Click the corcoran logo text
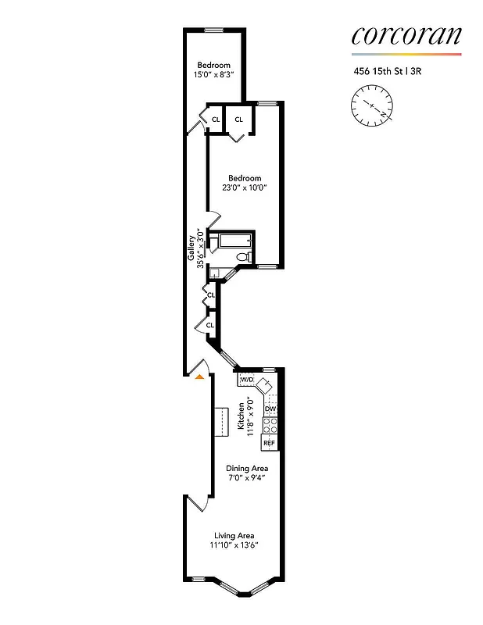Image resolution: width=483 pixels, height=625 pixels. [x=406, y=35]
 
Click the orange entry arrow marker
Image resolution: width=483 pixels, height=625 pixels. [x=200, y=377]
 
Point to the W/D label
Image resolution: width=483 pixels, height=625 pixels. [x=247, y=380]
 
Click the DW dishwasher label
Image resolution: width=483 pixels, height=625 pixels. [x=270, y=409]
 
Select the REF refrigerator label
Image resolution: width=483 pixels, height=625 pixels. [x=270, y=443]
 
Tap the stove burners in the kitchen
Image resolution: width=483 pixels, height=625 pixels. [x=270, y=426]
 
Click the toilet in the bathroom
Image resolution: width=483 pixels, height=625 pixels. [x=243, y=256]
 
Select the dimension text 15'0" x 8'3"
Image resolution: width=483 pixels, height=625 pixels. [x=214, y=75]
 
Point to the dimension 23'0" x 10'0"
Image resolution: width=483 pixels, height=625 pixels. [x=245, y=188]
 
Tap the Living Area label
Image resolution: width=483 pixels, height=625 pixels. [x=235, y=535]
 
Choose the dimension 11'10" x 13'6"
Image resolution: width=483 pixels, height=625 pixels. [x=235, y=545]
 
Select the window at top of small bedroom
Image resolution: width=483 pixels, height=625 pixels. [x=214, y=30]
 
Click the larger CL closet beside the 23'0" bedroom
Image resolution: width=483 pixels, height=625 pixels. [x=239, y=120]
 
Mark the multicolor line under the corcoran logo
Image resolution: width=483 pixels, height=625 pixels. [x=406, y=55]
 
